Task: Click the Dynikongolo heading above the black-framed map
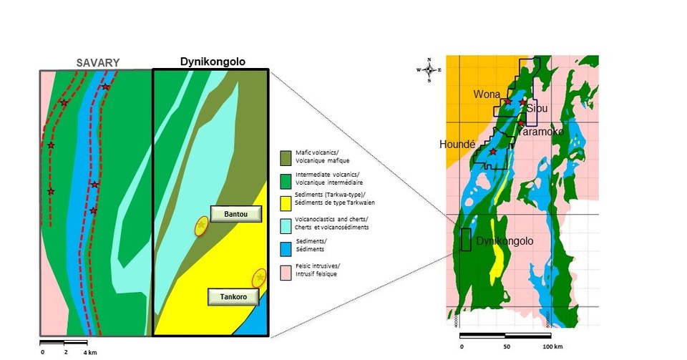pyautogui.click(x=210, y=62)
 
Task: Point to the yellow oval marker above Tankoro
pyautogui.click(x=259, y=278)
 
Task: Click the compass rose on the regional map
pyautogui.click(x=429, y=69)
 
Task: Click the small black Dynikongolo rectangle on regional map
pyautogui.click(x=466, y=240)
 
